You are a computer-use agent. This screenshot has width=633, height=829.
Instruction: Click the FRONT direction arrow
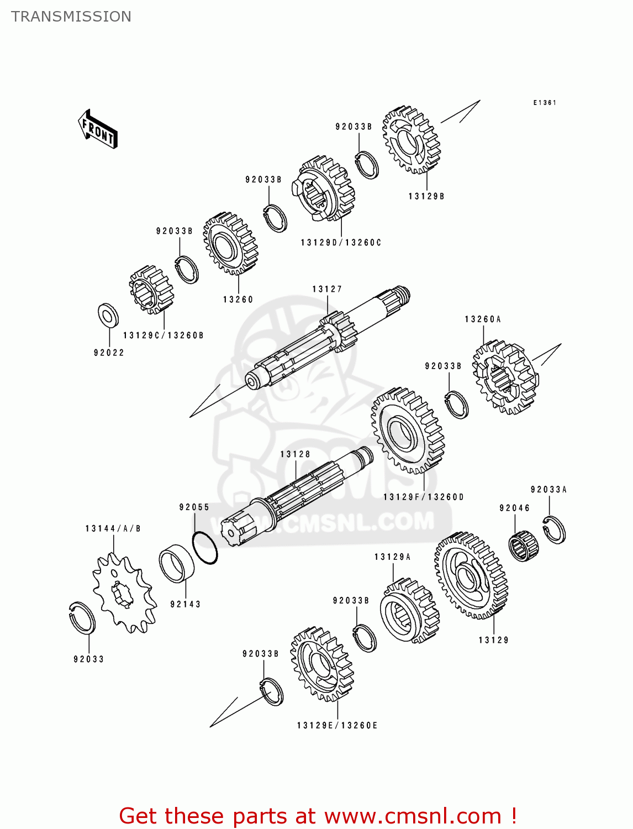tap(98, 129)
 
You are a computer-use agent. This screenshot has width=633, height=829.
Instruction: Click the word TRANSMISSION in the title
tap(71, 17)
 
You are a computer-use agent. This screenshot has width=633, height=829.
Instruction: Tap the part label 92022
tap(109, 353)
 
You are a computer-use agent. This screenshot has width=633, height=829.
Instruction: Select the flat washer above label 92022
tap(108, 314)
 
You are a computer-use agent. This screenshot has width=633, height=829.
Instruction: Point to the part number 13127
tap(327, 289)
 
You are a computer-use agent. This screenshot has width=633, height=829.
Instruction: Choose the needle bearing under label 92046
tap(523, 546)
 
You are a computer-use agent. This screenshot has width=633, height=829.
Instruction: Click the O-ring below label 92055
tap(205, 548)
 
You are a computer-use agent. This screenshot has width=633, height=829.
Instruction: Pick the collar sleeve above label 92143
tap(177, 563)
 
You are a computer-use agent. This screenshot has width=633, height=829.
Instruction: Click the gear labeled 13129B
tap(412, 140)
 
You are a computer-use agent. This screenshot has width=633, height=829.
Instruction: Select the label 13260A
tap(483, 319)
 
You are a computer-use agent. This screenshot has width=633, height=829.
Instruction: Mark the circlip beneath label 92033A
tap(554, 529)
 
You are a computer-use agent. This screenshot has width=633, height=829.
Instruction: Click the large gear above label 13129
tap(471, 575)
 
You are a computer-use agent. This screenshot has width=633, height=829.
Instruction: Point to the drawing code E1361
tap(545, 103)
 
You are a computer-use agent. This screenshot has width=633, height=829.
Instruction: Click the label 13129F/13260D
tap(424, 497)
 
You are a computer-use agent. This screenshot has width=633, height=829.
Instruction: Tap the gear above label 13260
tap(230, 243)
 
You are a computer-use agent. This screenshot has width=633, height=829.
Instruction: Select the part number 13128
tap(295, 454)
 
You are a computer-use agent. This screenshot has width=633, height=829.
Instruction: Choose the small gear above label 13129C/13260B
tap(151, 290)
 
